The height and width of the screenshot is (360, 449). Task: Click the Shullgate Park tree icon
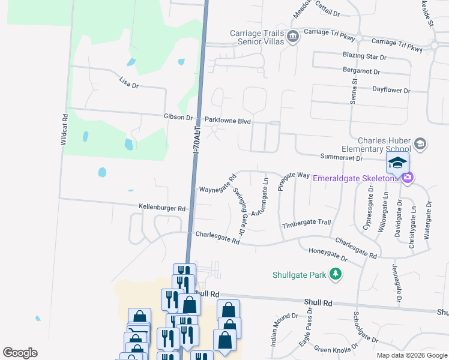(x=336, y=275)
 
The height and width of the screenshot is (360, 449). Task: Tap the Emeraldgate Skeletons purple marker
(x=408, y=178)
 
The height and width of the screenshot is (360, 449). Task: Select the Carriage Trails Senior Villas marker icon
(x=293, y=37)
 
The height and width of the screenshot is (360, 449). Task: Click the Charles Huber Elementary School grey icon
(x=420, y=143)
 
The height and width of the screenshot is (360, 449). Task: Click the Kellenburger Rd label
(x=162, y=208)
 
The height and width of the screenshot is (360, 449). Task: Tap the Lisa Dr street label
(x=129, y=82)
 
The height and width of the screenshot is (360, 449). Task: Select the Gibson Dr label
(x=178, y=117)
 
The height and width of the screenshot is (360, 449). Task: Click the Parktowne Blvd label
(x=228, y=120)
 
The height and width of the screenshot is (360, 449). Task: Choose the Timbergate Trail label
(x=306, y=223)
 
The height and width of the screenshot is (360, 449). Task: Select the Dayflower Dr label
(x=391, y=90)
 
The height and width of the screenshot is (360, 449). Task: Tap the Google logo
(x=20, y=353)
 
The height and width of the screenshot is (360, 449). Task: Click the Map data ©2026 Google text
(x=411, y=355)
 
